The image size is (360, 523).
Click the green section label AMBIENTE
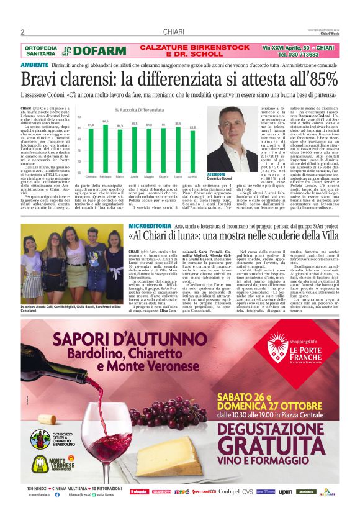tap(35, 65)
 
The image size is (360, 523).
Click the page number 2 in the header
tap(23, 32)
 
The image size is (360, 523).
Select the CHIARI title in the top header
tap(173, 32)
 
